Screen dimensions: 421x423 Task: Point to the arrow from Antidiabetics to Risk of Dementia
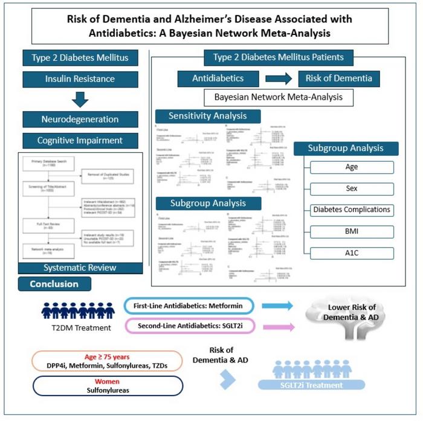click(x=278, y=79)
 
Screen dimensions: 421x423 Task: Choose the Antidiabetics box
click(x=218, y=79)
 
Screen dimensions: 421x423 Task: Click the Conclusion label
click(x=55, y=284)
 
